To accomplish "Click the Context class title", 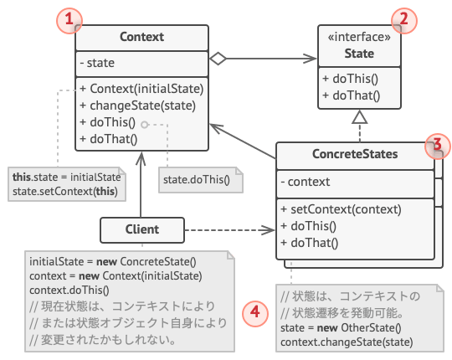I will pos(141,37).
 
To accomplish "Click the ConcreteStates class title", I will pos(355,154).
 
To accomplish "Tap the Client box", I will pos(141,229).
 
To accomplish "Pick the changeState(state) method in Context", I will pos(137,105).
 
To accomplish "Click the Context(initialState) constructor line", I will pos(141,88).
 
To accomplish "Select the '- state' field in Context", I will pos(99,63).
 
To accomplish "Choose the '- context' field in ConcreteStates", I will pos(306,182).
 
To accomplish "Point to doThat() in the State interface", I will pos(351,95).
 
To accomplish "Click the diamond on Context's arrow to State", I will pos(218,59).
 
